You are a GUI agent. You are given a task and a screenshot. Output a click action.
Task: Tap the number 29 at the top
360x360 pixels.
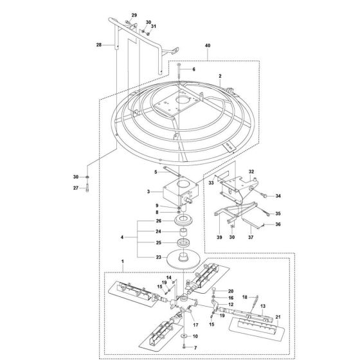pos(134,15)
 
